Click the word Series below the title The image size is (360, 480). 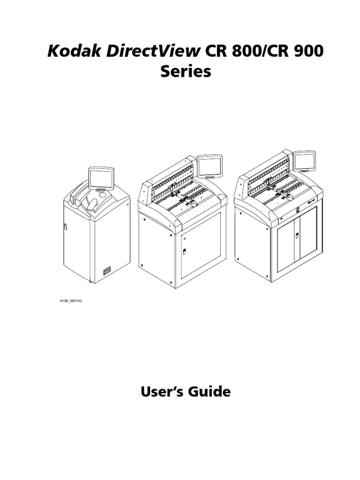[x=186, y=72]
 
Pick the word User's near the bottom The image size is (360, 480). [x=160, y=392]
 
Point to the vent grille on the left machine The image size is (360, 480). [x=109, y=271]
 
